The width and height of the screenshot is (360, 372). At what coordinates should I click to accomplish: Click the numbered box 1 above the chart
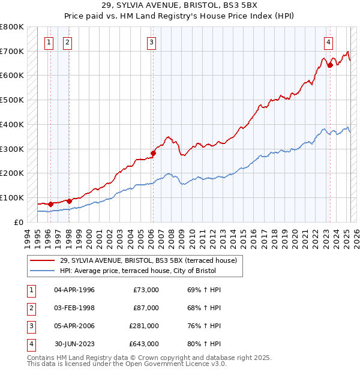click(48, 42)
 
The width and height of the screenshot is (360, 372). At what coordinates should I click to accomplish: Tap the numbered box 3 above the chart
click(152, 42)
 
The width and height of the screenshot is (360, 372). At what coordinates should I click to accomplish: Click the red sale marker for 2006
click(153, 153)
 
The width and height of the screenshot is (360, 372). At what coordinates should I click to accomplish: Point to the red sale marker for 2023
click(330, 65)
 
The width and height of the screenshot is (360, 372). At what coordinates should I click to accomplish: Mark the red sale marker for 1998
click(69, 201)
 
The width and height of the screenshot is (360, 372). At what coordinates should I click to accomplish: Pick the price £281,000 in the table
click(144, 326)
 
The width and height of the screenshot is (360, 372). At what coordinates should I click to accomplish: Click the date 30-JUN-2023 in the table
click(74, 344)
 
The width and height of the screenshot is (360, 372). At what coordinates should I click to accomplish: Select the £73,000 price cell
click(146, 290)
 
